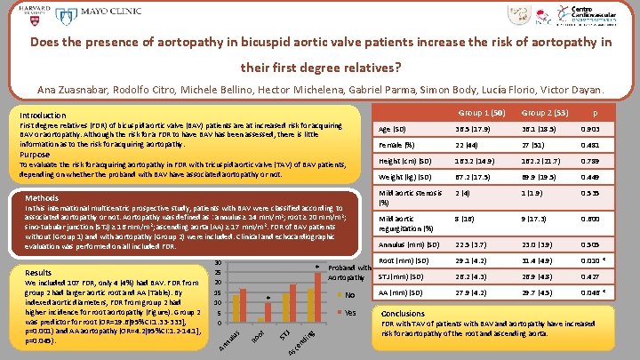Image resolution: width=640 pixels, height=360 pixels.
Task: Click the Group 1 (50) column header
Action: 481,113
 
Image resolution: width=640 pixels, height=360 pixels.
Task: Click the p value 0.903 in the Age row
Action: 589,129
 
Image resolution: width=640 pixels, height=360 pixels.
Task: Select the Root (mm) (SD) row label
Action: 406,260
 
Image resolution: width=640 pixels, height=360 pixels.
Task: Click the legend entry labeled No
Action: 349,295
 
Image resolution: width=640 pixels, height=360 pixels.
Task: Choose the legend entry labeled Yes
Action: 349,312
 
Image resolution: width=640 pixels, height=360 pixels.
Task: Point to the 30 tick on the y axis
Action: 219,262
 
